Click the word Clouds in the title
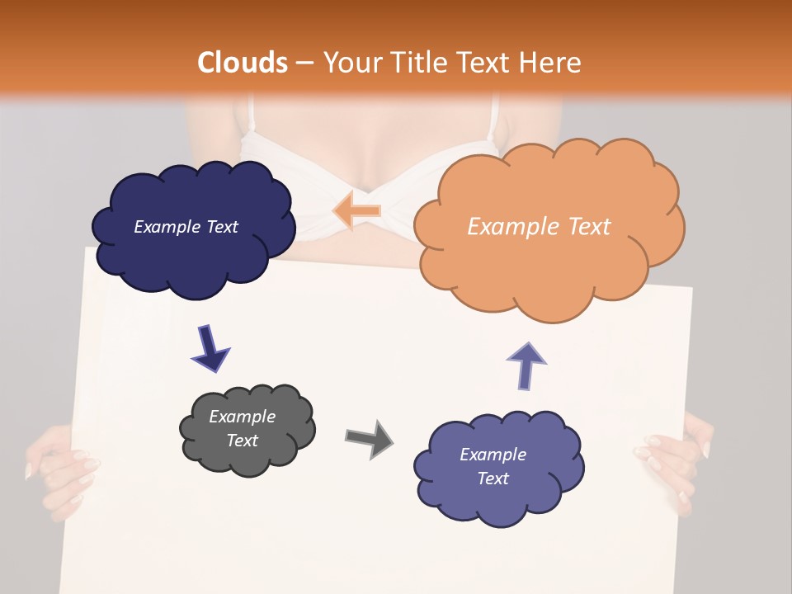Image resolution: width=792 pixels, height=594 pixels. click(x=242, y=63)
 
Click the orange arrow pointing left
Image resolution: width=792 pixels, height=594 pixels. click(x=357, y=211)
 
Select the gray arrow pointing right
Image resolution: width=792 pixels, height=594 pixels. click(x=369, y=438)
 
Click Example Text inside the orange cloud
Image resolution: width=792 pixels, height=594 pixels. click(x=539, y=227)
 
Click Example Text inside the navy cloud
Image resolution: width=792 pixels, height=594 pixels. click(x=186, y=227)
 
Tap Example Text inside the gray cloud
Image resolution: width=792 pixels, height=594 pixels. click(x=242, y=429)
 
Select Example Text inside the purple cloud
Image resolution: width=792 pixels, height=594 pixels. click(x=493, y=466)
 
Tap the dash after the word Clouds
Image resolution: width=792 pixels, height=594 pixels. click(x=304, y=64)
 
